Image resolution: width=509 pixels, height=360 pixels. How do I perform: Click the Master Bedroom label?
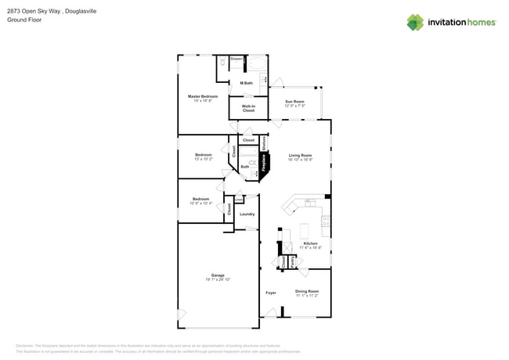(203, 98)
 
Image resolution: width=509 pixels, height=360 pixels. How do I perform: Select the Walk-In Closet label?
(248, 109)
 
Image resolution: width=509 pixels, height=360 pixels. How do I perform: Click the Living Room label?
(300, 157)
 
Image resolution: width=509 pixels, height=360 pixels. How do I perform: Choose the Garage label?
(218, 276)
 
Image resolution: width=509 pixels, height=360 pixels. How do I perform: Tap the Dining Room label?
(307, 293)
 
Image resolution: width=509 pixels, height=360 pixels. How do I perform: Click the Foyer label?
(271, 293)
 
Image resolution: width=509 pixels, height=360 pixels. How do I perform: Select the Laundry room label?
(247, 214)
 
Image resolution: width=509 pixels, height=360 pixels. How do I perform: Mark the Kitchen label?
(311, 244)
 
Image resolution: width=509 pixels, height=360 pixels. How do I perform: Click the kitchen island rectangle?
(305, 231)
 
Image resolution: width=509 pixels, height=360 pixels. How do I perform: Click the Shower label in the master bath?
(236, 59)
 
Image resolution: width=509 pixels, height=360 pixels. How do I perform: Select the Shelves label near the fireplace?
(264, 144)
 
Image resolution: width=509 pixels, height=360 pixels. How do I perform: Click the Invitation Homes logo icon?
(415, 22)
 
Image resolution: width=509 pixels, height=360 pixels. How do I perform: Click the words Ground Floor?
(23, 20)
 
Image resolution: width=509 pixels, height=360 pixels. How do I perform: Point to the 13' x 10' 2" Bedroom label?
(204, 157)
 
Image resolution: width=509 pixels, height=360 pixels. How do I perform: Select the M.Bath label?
(246, 83)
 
